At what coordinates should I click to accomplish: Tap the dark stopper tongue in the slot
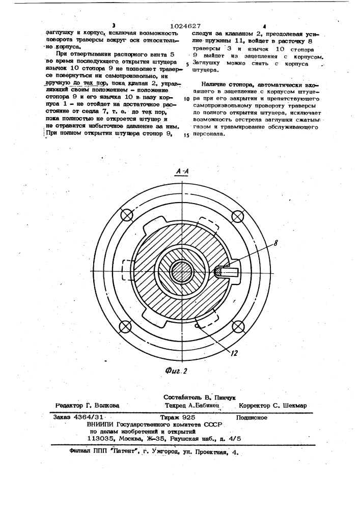tap(220, 272)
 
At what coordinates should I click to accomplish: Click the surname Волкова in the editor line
tap(103, 406)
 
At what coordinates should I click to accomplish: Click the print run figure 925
tap(193, 417)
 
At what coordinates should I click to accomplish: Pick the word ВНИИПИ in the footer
tap(101, 423)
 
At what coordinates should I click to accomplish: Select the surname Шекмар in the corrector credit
tap(292, 406)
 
